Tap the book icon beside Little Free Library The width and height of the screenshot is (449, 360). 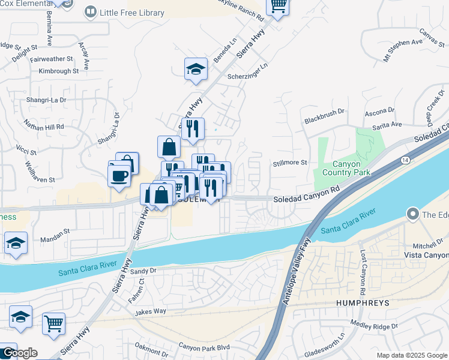pos(91,11)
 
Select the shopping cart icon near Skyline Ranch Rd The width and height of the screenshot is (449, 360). pos(277,5)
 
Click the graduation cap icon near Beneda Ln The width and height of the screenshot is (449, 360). pos(196,70)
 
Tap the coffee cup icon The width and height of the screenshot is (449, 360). pos(119,176)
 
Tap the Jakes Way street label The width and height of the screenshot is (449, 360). pos(150,311)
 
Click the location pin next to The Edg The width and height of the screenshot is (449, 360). pos(412,214)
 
